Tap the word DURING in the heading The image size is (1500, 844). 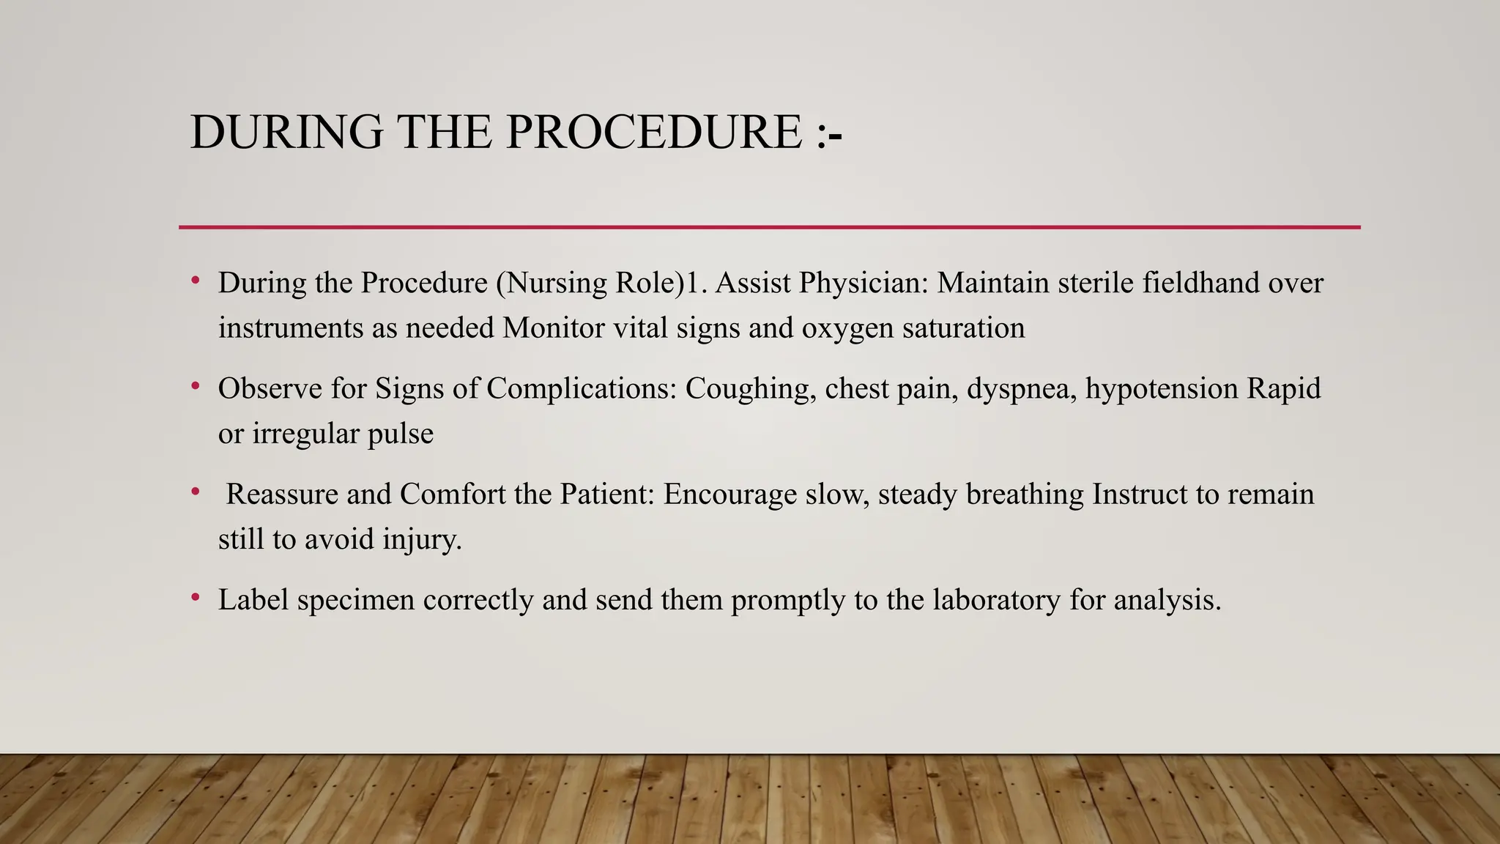tap(286, 133)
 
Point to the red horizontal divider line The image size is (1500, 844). tap(769, 227)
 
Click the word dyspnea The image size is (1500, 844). tap(1022, 388)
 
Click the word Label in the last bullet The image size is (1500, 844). tap(253, 600)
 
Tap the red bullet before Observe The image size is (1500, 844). tap(196, 386)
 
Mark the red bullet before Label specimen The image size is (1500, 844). tap(196, 598)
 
